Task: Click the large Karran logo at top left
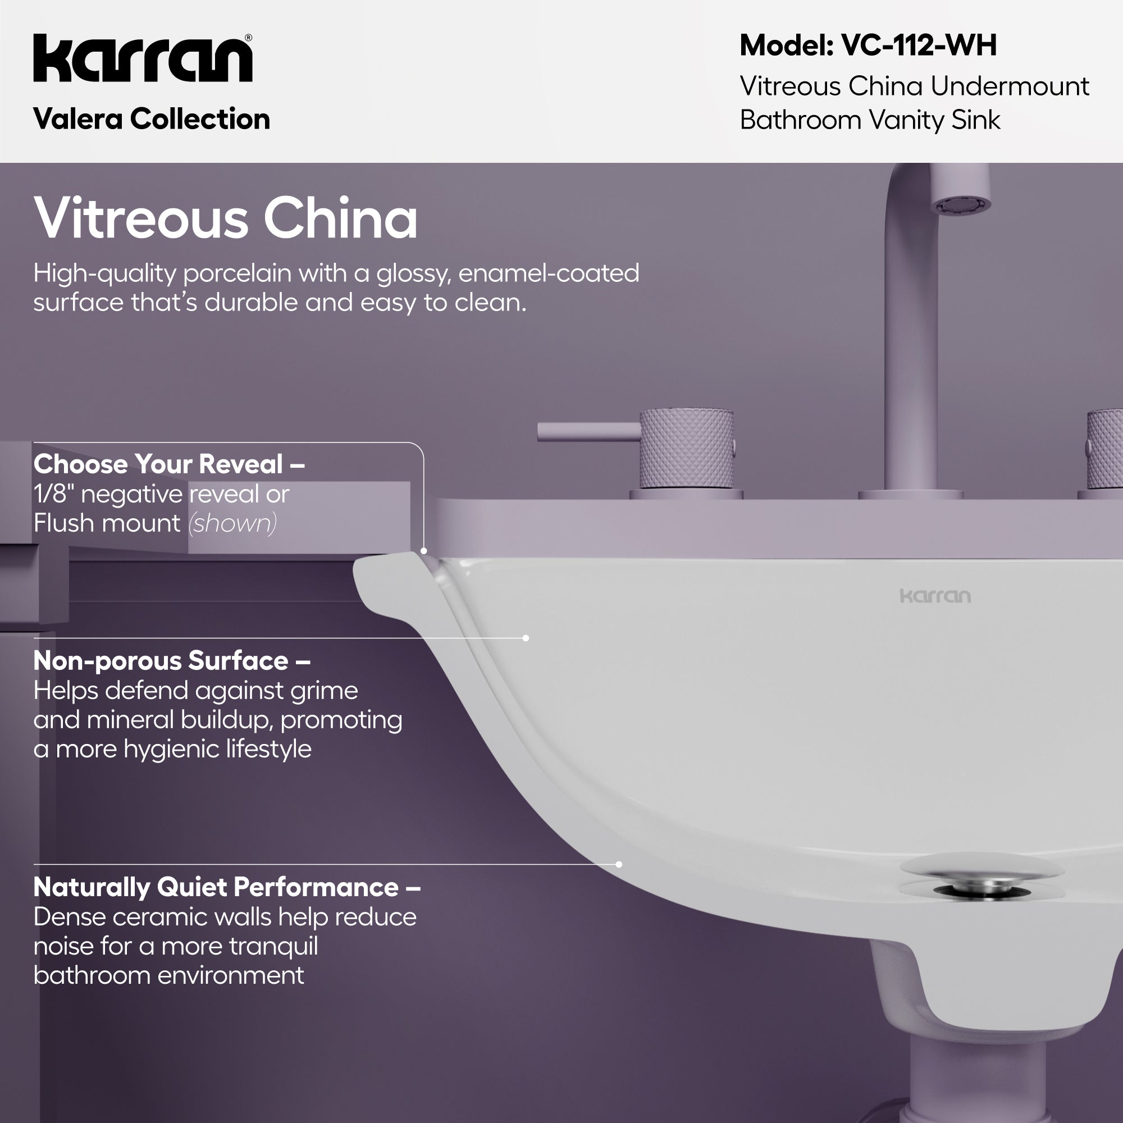(143, 58)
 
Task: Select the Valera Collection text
(152, 119)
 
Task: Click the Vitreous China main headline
(226, 218)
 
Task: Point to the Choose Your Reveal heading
(168, 464)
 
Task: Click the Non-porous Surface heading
(171, 661)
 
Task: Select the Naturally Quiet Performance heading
(227, 887)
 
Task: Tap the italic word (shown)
(232, 523)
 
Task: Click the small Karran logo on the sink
(935, 596)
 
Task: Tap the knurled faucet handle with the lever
(686, 449)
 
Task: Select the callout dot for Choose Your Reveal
(424, 550)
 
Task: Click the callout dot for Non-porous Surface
(526, 638)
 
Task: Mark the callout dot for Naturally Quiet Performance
(618, 864)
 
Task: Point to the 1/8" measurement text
(53, 495)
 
